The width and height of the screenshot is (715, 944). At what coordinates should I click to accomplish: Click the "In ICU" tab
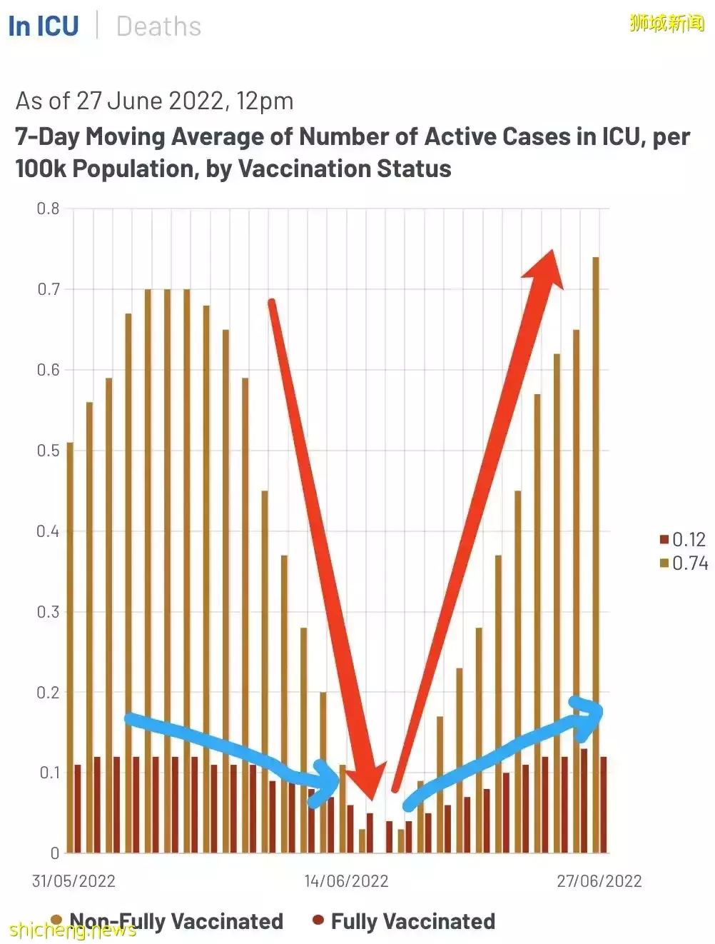click(44, 26)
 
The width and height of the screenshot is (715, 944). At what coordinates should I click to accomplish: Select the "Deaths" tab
click(158, 27)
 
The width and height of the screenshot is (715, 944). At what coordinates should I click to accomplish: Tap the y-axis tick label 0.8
click(48, 209)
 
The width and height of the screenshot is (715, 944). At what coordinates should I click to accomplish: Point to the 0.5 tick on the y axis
click(48, 451)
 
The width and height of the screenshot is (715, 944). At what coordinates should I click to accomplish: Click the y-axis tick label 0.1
click(48, 773)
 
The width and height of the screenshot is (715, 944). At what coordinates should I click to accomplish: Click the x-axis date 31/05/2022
click(73, 880)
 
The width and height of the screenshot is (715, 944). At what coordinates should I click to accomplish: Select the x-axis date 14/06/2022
click(346, 880)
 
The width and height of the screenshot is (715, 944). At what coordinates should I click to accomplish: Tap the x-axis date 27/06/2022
click(599, 880)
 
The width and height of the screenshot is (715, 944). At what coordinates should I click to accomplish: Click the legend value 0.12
click(689, 540)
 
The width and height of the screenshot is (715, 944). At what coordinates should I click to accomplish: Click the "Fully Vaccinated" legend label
click(412, 921)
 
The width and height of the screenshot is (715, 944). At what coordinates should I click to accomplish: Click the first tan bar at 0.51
click(70, 643)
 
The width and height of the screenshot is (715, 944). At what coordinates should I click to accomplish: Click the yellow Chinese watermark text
click(666, 23)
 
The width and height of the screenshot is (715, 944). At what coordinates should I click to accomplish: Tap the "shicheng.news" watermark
click(72, 930)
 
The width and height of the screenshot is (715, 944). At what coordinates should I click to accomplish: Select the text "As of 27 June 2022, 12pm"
click(154, 101)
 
